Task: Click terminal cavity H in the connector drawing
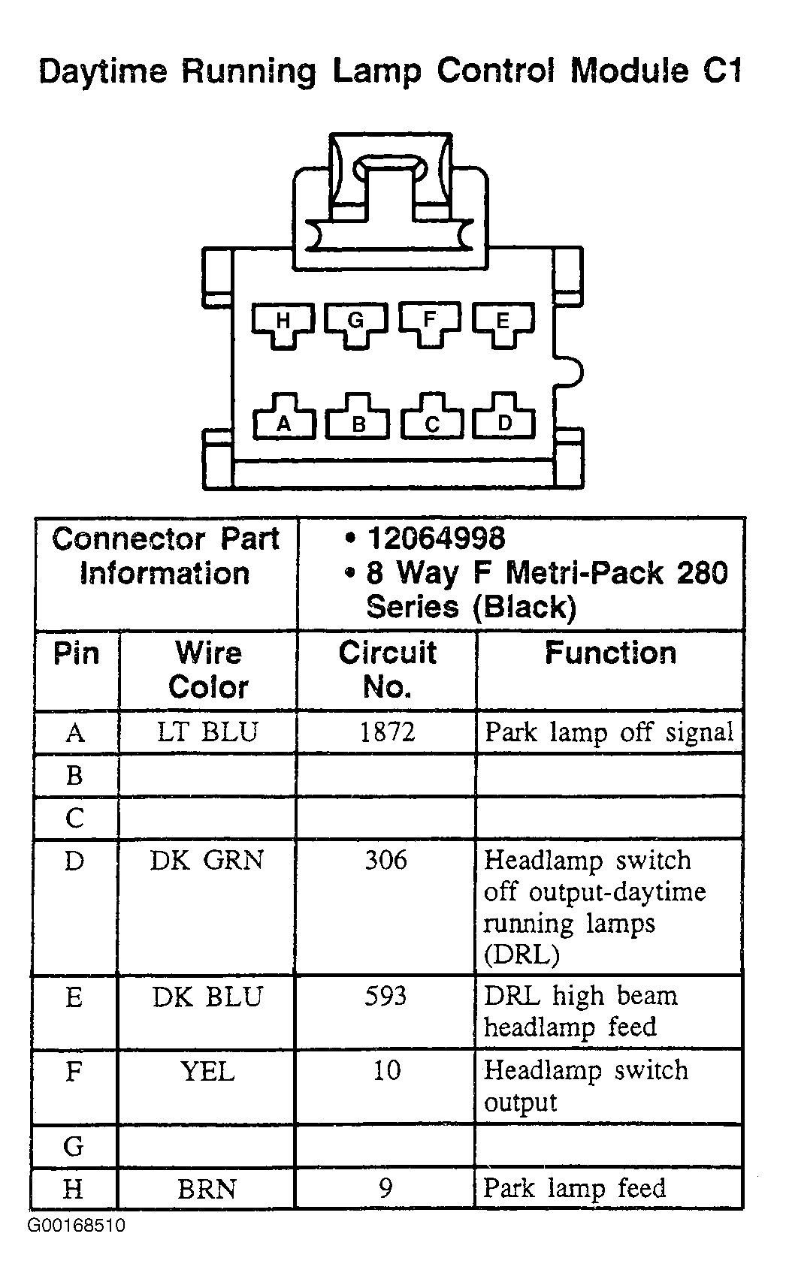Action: (x=283, y=324)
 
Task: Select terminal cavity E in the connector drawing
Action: (x=503, y=324)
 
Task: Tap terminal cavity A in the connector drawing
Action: (x=283, y=417)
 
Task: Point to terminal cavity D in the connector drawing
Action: (x=504, y=417)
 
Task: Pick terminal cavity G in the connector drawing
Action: (x=356, y=324)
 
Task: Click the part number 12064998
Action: (x=436, y=538)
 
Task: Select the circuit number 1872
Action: (x=387, y=731)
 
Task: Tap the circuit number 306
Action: (x=386, y=860)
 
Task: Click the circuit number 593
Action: (x=386, y=997)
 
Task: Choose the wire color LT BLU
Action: (x=207, y=731)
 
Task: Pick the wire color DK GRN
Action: (x=207, y=860)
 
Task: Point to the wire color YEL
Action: (x=207, y=1071)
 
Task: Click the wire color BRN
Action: (x=207, y=1189)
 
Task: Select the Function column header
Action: (x=610, y=653)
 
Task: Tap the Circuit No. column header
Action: (x=387, y=670)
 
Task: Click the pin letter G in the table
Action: (x=74, y=1147)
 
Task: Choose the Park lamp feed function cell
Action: (x=575, y=1188)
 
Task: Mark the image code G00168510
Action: (x=77, y=1226)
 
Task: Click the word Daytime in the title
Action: (x=104, y=73)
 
